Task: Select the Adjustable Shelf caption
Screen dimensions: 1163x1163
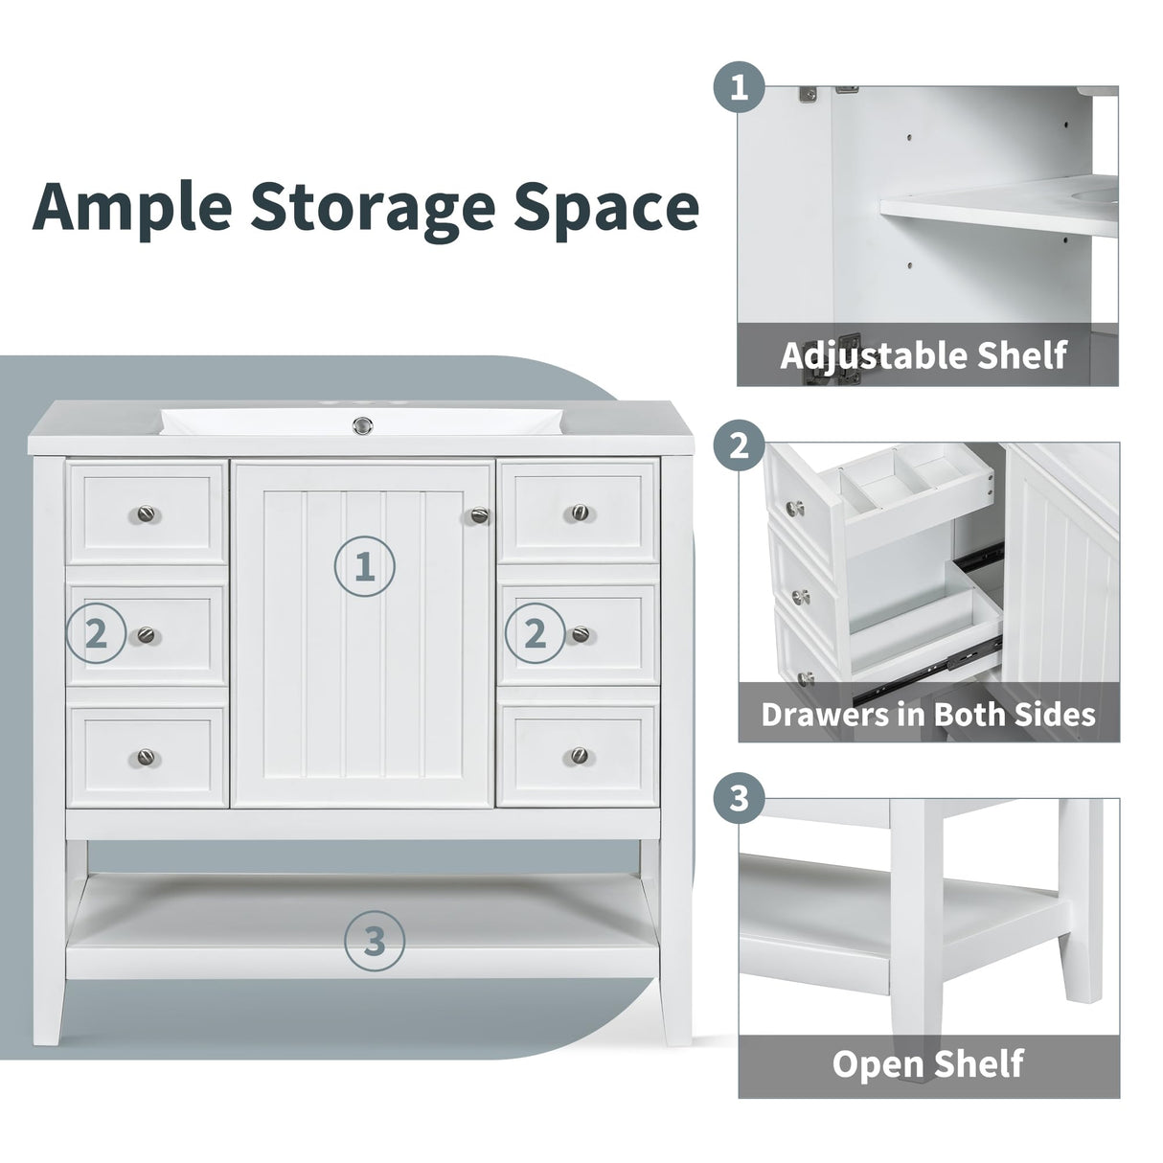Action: tap(924, 355)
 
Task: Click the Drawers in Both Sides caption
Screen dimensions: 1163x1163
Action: tap(927, 714)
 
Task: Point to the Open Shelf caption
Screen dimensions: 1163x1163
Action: tap(927, 1063)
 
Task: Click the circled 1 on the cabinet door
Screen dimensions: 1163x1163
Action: tap(364, 567)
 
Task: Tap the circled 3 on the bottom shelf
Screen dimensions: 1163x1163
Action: tap(375, 942)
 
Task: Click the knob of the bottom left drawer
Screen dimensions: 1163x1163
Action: tap(144, 756)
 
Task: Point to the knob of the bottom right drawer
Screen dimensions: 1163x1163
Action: tap(579, 756)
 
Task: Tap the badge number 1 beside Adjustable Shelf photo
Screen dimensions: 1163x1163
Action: tap(739, 91)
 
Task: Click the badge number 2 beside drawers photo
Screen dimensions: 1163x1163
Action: tap(739, 445)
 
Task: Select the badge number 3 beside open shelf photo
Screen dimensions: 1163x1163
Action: tap(739, 800)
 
